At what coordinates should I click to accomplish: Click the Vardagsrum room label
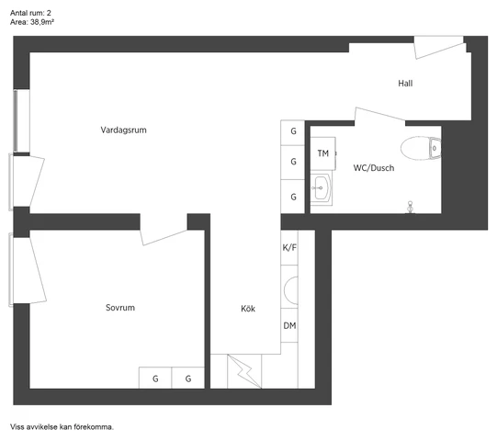123,130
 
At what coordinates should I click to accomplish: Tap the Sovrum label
120,308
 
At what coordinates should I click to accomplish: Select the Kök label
247,309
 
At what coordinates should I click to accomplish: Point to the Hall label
405,84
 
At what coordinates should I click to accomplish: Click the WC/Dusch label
374,168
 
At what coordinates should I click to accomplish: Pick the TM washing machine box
323,153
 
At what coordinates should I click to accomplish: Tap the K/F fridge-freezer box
289,248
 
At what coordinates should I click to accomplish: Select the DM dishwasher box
289,326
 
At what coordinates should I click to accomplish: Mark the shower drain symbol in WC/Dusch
411,206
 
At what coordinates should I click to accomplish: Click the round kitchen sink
291,290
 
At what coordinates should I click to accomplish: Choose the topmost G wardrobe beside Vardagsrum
293,131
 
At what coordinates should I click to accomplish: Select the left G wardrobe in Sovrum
155,379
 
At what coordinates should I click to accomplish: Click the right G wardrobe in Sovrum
188,379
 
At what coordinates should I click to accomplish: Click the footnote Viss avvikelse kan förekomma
62,427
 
